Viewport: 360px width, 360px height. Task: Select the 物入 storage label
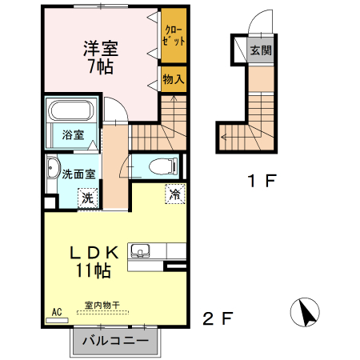[174, 78]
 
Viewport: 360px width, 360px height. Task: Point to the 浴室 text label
[73, 134]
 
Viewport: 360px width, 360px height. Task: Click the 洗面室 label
[80, 172]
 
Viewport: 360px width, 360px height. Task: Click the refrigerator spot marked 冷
[174, 194]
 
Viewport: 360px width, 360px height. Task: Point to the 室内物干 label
[102, 304]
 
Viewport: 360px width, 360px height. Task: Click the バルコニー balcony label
[115, 341]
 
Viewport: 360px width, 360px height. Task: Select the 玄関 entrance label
[260, 50]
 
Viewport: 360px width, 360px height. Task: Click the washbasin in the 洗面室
[52, 170]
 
